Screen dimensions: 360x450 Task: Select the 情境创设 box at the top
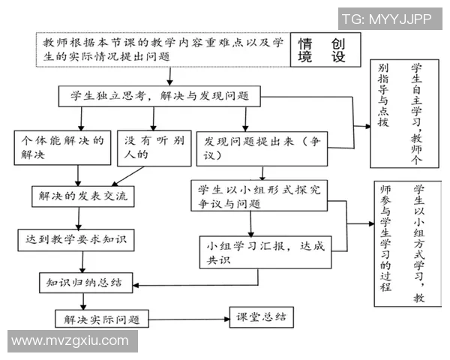(x=324, y=50)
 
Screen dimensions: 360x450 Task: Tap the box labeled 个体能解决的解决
(x=62, y=147)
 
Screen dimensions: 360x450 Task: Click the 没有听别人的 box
(x=154, y=147)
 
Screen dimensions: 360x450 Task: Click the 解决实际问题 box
(x=101, y=318)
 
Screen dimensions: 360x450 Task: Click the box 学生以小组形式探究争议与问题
(x=259, y=196)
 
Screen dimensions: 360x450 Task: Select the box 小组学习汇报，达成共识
(x=262, y=251)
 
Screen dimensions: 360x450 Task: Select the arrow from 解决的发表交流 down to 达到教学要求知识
(x=78, y=217)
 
